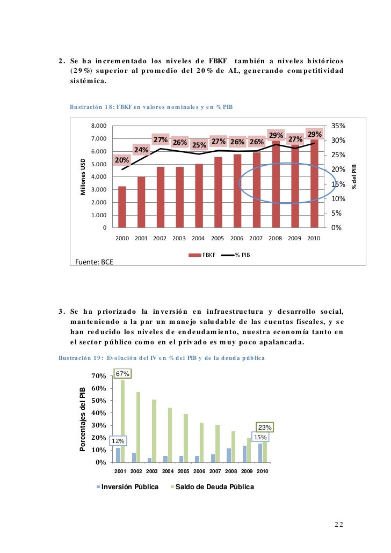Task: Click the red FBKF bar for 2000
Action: [122, 207]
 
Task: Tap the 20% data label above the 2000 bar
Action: [122, 160]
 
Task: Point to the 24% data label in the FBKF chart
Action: [141, 150]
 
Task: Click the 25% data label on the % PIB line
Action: [200, 145]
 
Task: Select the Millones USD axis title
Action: [83, 176]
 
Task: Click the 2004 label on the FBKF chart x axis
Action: [198, 238]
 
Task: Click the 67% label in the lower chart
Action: [122, 373]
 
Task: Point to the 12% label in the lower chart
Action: [118, 441]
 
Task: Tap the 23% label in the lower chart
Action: [264, 427]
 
